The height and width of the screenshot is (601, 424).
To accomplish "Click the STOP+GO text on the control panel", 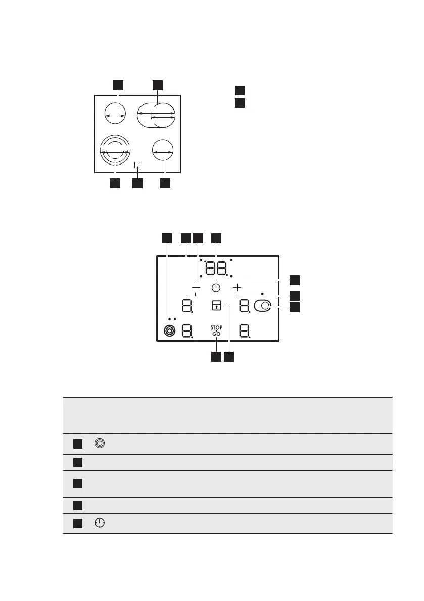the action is [217, 331].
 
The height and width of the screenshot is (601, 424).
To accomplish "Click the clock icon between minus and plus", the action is [216, 287].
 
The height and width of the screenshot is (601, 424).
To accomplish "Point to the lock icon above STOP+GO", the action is [216, 305].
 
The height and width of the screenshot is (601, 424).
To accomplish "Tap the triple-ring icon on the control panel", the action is [169, 331].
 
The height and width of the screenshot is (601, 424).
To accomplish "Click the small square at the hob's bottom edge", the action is [137, 165].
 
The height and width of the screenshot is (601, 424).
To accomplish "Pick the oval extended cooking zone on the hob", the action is [157, 116].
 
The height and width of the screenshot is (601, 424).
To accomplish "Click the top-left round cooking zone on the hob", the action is [115, 115].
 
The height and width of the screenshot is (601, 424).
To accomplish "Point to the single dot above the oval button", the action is [262, 293].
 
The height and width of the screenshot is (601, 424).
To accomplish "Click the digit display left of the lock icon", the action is [187, 306].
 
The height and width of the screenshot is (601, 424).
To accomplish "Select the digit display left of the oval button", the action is [245, 306].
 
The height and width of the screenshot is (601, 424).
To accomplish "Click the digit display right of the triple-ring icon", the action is [187, 332].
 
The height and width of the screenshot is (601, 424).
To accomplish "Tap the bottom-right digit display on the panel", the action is [245, 332].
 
